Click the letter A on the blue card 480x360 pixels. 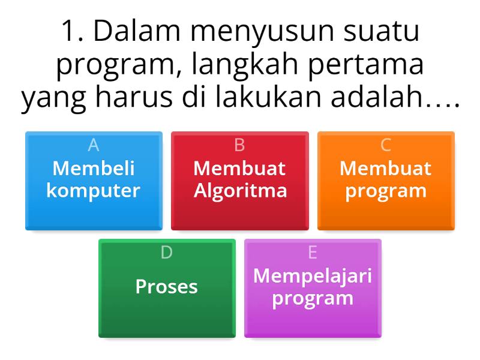coord(94,145)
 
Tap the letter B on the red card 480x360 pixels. coord(239,145)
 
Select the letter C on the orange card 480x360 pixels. coord(386,145)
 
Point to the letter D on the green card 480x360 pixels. coord(166,253)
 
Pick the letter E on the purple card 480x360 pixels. coord(313,253)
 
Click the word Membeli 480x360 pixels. coord(94,168)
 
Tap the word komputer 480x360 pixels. coord(94,191)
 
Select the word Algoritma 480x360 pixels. coord(240,191)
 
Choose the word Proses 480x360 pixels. coord(167,286)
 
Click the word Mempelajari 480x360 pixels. coord(313,275)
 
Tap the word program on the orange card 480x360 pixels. coord(386,191)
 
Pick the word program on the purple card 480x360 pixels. coord(313,298)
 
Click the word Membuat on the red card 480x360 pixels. coord(240,168)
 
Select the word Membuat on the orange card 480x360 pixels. coord(386,168)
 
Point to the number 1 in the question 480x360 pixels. coord(70,32)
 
